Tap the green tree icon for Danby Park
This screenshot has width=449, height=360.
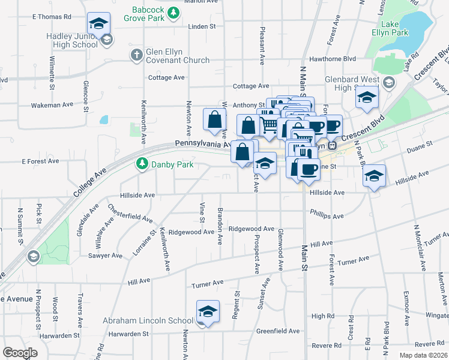pos(142,163)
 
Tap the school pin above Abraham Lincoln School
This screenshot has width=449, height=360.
pos(208,312)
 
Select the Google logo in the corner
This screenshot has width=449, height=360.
pos(20,353)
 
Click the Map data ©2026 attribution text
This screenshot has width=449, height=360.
pos(424,355)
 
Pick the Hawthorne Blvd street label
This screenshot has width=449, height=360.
pos(332,59)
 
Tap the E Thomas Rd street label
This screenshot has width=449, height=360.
pos(51,17)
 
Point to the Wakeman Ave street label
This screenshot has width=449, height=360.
pos(52,104)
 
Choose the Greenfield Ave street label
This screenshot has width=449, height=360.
pos(278,331)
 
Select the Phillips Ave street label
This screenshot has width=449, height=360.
pos(327,213)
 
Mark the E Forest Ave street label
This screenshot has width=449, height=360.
pos(40,161)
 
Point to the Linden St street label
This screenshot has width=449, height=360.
pos(202,27)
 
